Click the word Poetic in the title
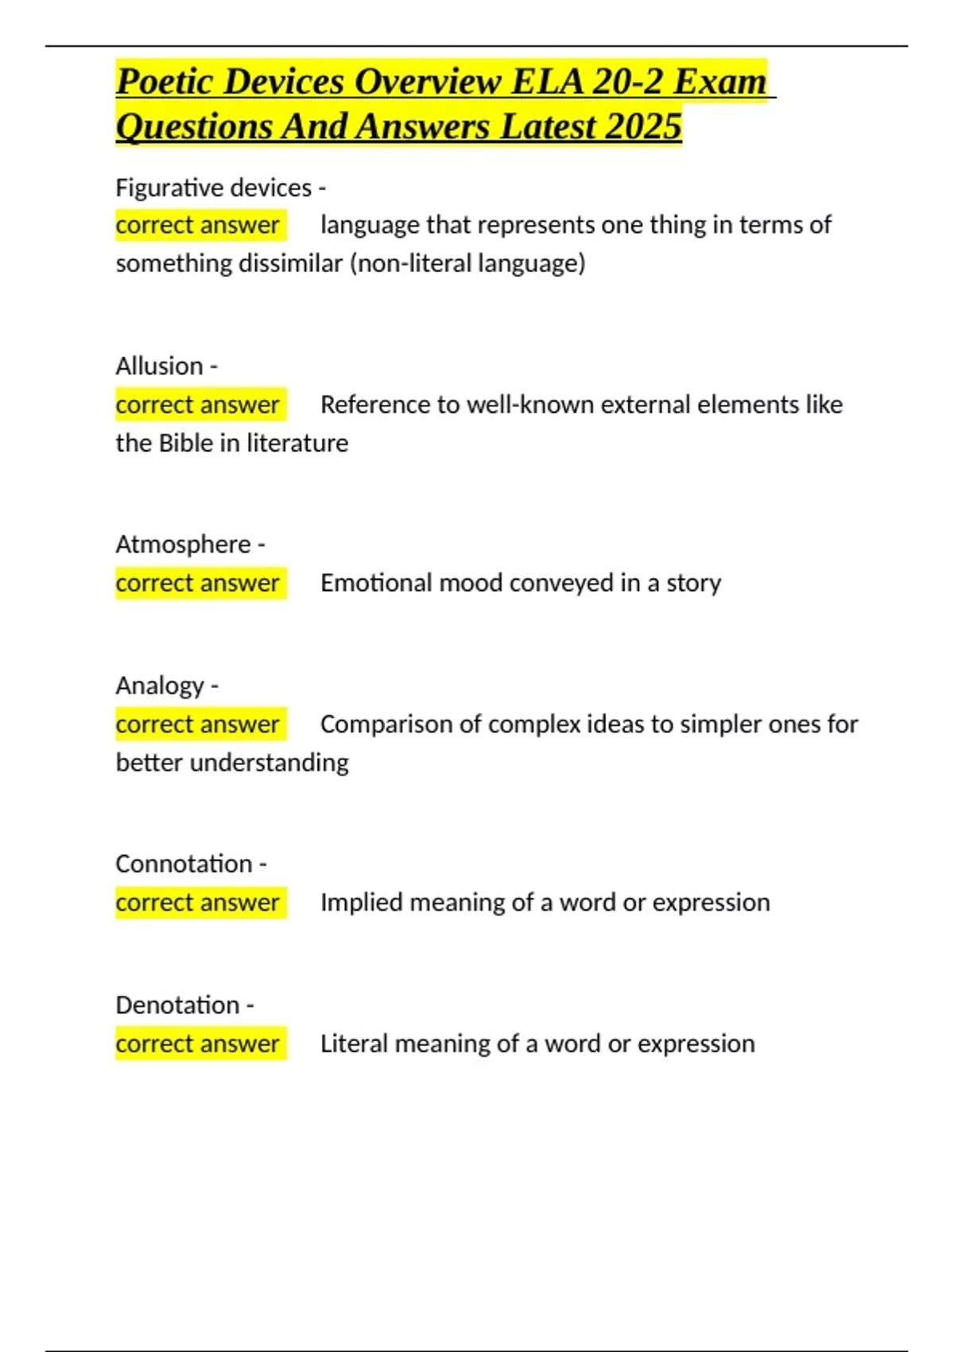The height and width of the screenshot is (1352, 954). click(x=163, y=82)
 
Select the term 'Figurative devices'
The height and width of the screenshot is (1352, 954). click(x=213, y=188)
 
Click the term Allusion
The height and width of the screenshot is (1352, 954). click(x=159, y=366)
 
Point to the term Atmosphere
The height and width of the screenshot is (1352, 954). click(x=183, y=545)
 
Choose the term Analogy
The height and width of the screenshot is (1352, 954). click(x=160, y=686)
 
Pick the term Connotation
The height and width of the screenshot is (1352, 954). click(x=184, y=864)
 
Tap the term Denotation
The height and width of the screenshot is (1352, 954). click(x=177, y=1005)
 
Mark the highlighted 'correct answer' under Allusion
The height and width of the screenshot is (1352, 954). click(x=198, y=405)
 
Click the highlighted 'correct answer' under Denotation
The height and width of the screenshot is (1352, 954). click(x=198, y=1044)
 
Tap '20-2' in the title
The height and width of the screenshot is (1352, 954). click(x=627, y=82)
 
